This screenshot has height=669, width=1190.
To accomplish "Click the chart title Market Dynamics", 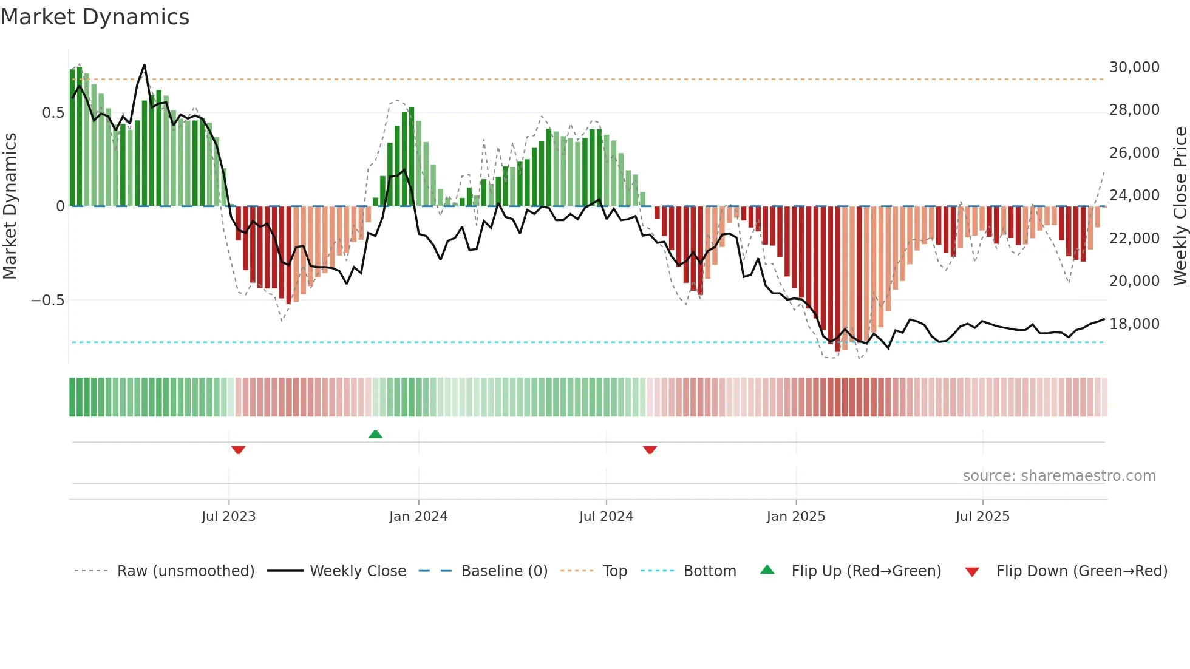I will click(x=95, y=17).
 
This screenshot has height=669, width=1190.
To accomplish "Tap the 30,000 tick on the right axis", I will click(x=1134, y=67).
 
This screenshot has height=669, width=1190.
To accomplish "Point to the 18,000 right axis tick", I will click(x=1134, y=324).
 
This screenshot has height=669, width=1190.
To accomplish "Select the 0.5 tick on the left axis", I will click(x=53, y=113).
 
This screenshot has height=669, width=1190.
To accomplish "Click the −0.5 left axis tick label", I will click(x=47, y=301).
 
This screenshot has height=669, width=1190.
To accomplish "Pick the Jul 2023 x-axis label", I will click(x=228, y=517).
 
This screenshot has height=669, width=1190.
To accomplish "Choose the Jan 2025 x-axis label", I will click(x=795, y=517).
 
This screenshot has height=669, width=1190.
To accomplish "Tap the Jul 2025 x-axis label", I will click(x=982, y=517).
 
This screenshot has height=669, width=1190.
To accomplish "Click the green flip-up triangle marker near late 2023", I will click(x=375, y=434).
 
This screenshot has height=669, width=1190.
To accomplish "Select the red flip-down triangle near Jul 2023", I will click(x=238, y=450).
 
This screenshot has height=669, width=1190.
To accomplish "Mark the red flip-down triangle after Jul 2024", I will click(x=650, y=450).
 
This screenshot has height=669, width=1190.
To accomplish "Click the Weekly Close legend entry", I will click(x=358, y=571).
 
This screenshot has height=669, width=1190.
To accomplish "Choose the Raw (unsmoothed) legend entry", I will click(x=185, y=571).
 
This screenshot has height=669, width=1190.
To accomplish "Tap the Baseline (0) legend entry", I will click(x=504, y=571).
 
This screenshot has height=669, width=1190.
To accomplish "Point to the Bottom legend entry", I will click(x=709, y=571).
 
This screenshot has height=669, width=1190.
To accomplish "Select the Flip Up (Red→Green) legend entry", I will click(x=866, y=571).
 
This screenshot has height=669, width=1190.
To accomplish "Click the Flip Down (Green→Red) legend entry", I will click(x=1081, y=571).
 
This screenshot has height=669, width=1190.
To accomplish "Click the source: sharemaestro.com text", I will click(x=1059, y=476).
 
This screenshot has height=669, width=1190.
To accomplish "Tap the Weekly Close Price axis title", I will click(x=1180, y=206).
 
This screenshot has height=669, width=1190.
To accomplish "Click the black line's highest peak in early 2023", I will click(x=144, y=65).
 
